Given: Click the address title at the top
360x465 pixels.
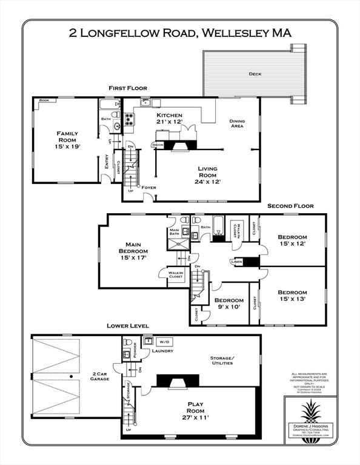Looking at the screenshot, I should tap(180, 33).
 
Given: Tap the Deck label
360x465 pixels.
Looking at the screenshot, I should tap(255, 74).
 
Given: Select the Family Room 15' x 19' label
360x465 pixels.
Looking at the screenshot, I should tap(68, 140).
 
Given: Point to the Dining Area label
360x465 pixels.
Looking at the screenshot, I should tap(237, 124).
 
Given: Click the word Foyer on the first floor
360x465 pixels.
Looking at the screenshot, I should tap(148, 188).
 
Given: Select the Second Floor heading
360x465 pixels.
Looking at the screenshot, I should tap(290, 206).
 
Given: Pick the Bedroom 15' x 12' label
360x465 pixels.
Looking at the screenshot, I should tap(292, 240).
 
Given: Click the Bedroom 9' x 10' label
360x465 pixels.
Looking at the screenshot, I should tap(228, 303).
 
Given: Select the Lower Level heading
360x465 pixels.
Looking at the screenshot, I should tap(127, 326).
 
